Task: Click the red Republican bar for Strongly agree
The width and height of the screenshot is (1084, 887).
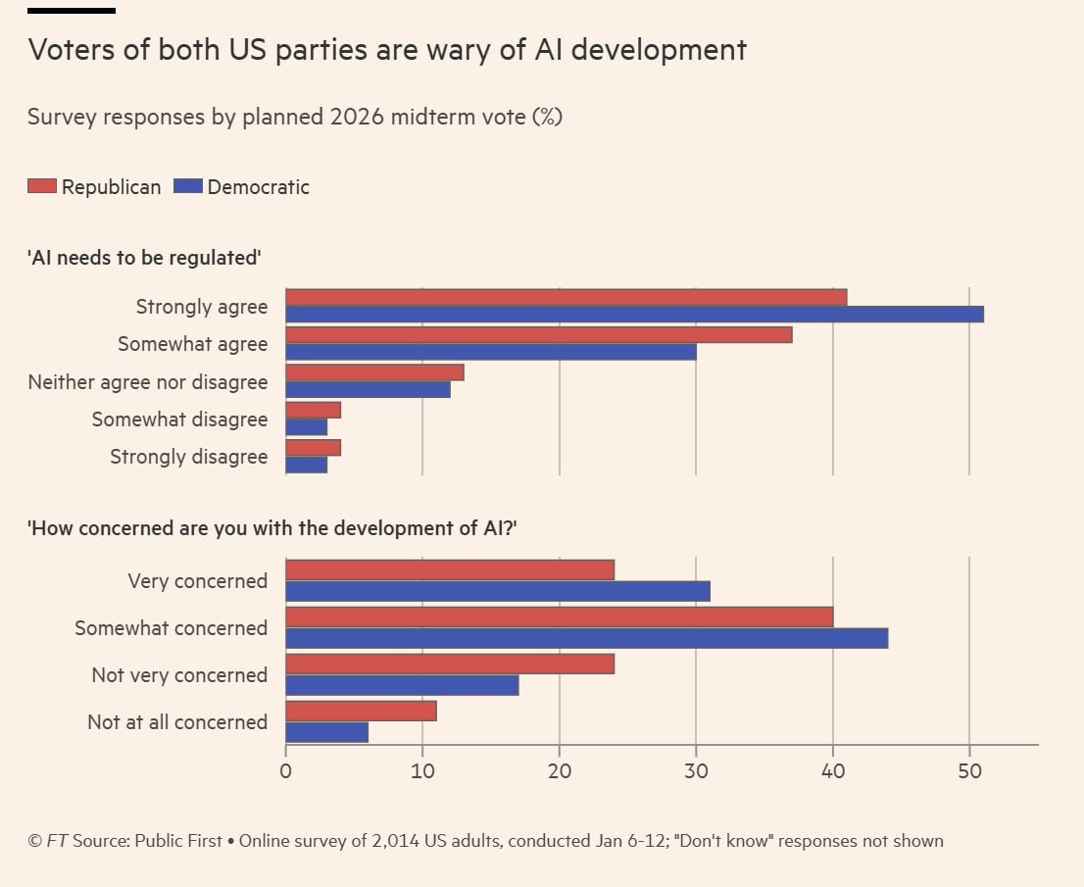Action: tap(566, 297)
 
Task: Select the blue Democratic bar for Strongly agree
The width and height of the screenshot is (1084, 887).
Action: tap(634, 314)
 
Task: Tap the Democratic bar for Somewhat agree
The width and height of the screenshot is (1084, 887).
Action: tap(490, 352)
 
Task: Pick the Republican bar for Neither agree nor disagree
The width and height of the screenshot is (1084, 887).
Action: tap(374, 372)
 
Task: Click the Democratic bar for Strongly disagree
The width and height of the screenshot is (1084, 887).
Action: tap(306, 465)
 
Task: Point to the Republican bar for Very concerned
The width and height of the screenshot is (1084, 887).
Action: tap(450, 569)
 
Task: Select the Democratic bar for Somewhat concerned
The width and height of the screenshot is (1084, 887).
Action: tap(586, 638)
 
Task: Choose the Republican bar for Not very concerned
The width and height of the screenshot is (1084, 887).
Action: tap(450, 664)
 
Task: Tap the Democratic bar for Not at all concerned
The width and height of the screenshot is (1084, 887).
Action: tap(326, 732)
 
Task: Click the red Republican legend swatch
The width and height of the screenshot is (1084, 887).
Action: tap(42, 186)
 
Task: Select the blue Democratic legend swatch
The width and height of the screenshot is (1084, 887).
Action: tap(187, 186)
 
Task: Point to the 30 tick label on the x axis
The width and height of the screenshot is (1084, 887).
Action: tap(696, 770)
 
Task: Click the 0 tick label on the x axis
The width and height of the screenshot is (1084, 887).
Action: tap(285, 770)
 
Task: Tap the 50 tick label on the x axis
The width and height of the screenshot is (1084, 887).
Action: tap(969, 770)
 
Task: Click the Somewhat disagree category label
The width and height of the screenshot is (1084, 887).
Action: tap(179, 419)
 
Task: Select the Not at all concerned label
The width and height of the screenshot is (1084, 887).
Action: tap(177, 722)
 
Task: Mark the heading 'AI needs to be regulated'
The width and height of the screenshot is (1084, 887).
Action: tap(145, 258)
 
